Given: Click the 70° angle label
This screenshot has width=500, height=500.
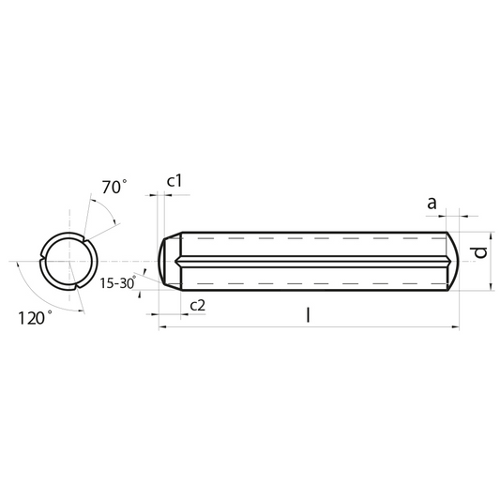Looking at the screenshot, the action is coord(114,187).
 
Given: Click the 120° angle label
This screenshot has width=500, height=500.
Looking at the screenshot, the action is coord(35,318).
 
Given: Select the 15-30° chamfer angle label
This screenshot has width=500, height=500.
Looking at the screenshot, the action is coord(117,283).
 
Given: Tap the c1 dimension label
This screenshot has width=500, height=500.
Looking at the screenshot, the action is coord(174,181).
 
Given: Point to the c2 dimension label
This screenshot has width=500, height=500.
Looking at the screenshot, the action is coord(198,305).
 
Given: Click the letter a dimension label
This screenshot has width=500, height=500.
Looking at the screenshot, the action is coord(432,204).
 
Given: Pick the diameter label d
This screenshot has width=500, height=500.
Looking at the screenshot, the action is coord(480,252).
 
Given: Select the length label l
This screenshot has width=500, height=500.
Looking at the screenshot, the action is coord(308,315).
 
